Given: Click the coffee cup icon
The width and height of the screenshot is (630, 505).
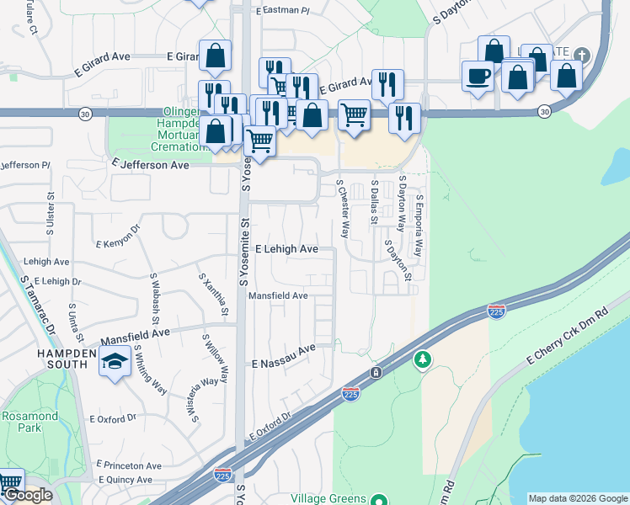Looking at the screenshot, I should (478, 76).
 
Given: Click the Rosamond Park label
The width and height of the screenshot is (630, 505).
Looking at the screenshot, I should (29, 422).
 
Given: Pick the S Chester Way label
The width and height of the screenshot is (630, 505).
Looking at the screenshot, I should (343, 208).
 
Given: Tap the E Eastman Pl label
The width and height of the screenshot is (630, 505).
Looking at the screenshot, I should (282, 10).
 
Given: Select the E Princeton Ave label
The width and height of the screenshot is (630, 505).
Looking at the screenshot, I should (128, 465).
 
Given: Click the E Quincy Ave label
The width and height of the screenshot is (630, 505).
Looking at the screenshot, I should (128, 480).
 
